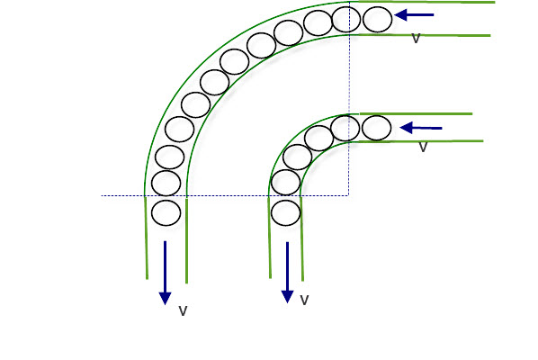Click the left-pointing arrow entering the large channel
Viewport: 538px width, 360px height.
(414, 14)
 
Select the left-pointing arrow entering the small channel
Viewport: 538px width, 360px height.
(421, 128)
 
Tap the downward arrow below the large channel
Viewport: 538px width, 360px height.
(165, 273)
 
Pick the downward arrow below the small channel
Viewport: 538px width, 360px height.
(287, 273)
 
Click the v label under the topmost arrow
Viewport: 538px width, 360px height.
(416, 39)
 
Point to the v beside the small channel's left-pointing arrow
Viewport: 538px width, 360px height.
(424, 148)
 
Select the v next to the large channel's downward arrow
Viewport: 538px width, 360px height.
(184, 310)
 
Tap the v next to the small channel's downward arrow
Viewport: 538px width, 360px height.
(304, 300)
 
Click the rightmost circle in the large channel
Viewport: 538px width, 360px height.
(378, 19)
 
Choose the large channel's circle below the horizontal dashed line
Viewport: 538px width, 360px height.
(166, 213)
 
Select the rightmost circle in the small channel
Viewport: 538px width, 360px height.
(376, 128)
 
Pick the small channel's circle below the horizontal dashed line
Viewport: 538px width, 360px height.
(285, 213)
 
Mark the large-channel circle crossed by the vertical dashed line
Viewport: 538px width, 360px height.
(346, 20)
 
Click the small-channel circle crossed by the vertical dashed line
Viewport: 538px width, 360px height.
(345, 128)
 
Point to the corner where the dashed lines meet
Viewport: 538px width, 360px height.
(349, 195)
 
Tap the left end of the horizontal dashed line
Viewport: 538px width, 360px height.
(102, 196)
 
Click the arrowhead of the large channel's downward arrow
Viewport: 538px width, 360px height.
(165, 299)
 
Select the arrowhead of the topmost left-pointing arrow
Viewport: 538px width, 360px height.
(400, 14)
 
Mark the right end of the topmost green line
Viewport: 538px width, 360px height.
(495, 2)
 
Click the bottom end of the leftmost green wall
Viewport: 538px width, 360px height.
(148, 279)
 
